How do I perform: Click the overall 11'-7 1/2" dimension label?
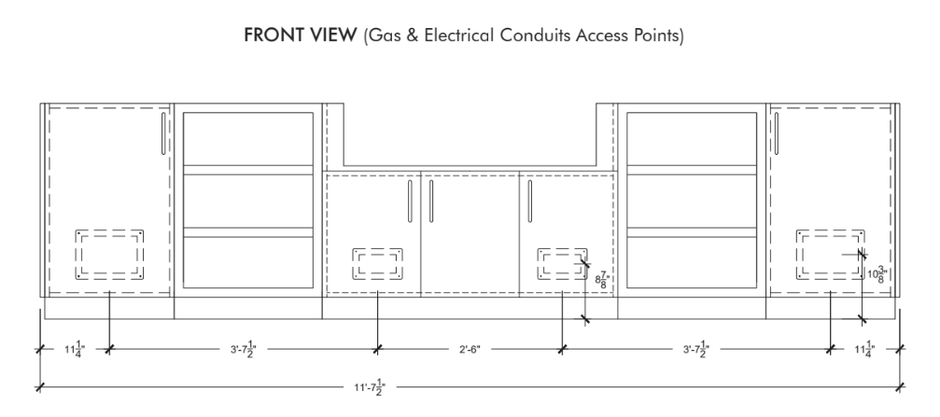[x=370, y=387]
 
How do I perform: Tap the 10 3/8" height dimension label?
[x=877, y=274]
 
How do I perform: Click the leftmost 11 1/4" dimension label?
[x=75, y=349]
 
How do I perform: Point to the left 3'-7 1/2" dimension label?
[x=243, y=349]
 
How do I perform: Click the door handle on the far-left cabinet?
[x=163, y=133]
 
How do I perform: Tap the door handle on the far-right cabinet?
[x=777, y=133]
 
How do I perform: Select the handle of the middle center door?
[x=431, y=202]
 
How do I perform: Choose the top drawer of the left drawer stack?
[x=248, y=139]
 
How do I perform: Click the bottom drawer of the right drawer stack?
[x=692, y=262]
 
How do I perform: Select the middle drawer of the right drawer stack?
[x=692, y=202]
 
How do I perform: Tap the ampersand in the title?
[x=413, y=35]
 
